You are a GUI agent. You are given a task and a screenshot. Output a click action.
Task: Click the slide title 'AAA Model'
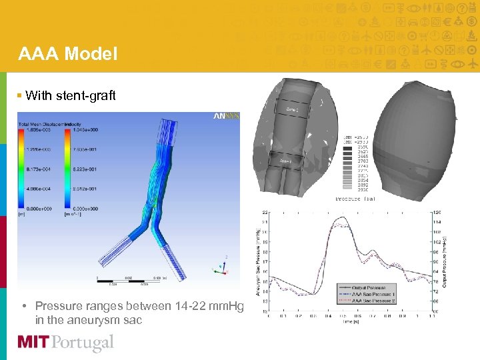tap(68, 53)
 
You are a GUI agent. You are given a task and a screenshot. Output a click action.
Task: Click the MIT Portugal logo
tap(65, 343)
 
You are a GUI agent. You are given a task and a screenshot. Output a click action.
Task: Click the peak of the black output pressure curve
tap(343, 217)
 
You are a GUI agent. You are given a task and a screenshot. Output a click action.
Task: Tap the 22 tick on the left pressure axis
tap(265, 212)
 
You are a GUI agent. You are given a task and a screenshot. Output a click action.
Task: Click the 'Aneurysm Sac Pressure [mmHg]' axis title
tap(259, 261)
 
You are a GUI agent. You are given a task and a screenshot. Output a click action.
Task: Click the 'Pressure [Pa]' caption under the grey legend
tap(355, 198)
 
